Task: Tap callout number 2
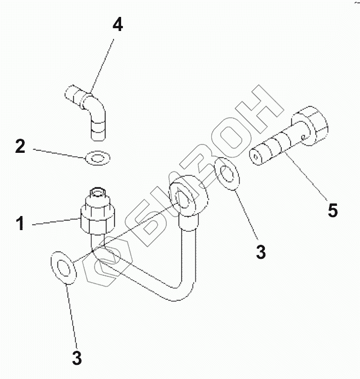click(20, 147)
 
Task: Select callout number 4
click(117, 25)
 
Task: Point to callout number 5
click(332, 210)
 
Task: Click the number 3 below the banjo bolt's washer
click(260, 252)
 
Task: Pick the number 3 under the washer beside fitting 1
click(77, 358)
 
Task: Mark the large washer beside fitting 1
click(62, 265)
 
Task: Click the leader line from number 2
click(60, 153)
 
